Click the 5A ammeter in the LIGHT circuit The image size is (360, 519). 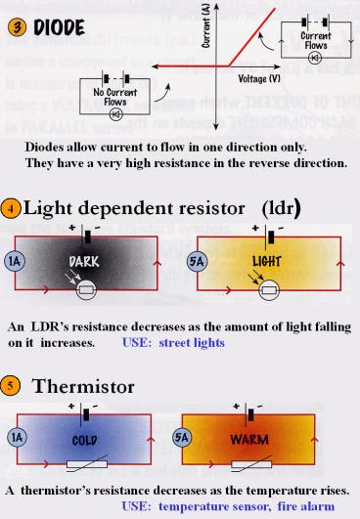[x=195, y=261]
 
